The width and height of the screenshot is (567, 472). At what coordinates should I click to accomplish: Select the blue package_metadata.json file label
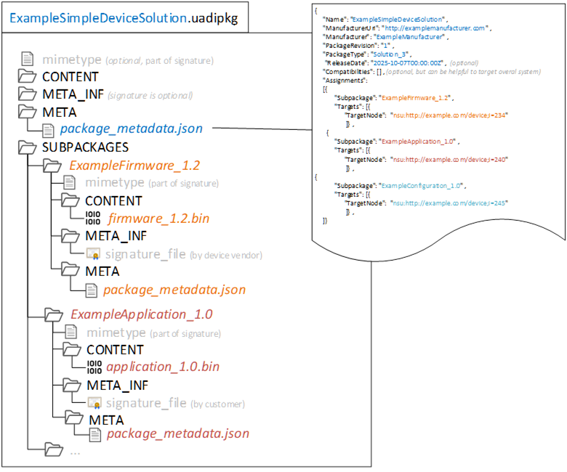click(131, 129)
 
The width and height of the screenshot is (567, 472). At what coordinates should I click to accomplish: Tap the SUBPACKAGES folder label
click(85, 147)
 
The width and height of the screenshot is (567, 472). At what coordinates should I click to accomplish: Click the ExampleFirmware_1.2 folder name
click(134, 165)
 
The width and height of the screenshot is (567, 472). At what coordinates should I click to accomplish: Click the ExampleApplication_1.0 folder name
click(141, 314)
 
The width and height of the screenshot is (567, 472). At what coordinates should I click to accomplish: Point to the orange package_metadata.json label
click(174, 290)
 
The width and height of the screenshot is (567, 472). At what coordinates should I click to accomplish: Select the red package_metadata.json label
click(177, 434)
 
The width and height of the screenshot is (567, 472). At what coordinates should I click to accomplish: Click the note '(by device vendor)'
click(225, 255)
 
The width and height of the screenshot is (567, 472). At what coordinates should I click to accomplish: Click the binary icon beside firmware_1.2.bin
click(94, 218)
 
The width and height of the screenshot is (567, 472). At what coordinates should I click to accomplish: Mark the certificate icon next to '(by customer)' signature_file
click(94, 403)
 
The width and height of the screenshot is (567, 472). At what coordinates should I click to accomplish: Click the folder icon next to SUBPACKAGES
click(27, 147)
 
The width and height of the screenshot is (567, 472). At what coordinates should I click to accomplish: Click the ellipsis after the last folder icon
click(75, 451)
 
